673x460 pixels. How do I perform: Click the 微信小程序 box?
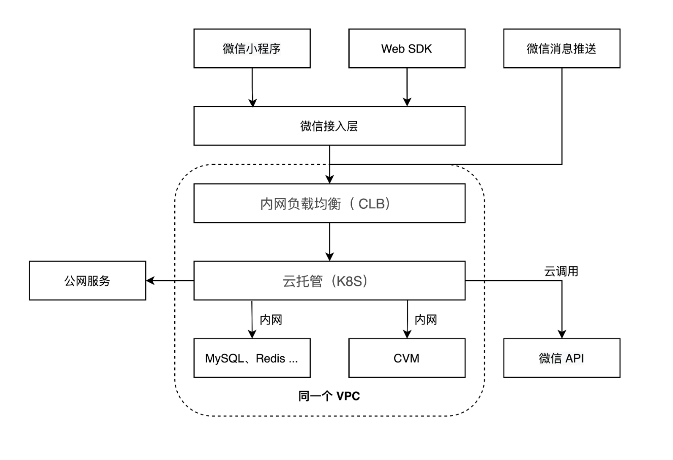[x=252, y=48]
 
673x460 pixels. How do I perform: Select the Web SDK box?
[x=406, y=48]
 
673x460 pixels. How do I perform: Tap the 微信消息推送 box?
[x=561, y=48]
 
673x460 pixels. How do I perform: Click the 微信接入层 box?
[x=329, y=126]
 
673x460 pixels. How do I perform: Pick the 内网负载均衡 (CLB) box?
[x=329, y=203]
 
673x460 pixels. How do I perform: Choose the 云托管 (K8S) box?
[x=329, y=281]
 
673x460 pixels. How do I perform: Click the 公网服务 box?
[x=87, y=281]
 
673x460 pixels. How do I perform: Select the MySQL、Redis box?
[x=252, y=358]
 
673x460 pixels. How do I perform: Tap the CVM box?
[x=406, y=358]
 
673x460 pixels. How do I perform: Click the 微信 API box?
[x=561, y=358]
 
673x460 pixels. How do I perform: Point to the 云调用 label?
[x=561, y=271]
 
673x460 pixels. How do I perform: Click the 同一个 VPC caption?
[x=329, y=396]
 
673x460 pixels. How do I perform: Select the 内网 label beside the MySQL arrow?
[x=271, y=320]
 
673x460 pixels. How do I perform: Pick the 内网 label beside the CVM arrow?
[x=426, y=320]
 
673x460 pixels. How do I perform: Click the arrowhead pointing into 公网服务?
[x=150, y=281]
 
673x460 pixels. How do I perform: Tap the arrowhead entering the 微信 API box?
[x=562, y=334]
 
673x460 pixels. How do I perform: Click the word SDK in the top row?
[x=421, y=49]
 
